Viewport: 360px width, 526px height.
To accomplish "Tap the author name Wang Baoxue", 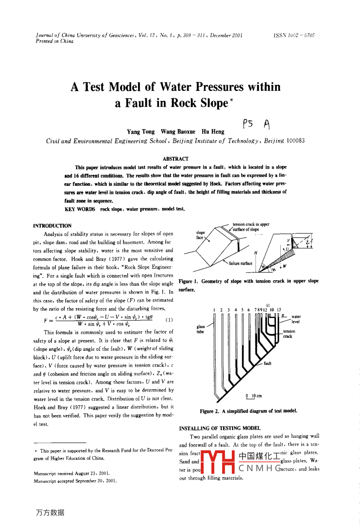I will pyautogui.click(x=178, y=131).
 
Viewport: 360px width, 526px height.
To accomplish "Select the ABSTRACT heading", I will pyautogui.click(x=176, y=159).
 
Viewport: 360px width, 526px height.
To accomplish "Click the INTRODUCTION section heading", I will pyautogui.click(x=53, y=226).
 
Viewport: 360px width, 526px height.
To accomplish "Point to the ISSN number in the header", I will pyautogui.click(x=294, y=35).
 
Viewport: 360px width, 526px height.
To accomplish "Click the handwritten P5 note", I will pyautogui.click(x=248, y=124).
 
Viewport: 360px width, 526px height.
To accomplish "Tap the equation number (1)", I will pyautogui.click(x=169, y=320).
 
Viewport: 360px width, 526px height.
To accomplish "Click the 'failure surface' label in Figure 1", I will pyautogui.click(x=241, y=263).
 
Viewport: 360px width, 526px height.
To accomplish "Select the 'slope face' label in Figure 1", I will pyautogui.click(x=200, y=235).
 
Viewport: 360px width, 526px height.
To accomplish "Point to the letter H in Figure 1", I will pyautogui.click(x=255, y=253).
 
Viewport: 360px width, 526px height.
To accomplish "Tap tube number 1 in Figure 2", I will pyautogui.click(x=214, y=310).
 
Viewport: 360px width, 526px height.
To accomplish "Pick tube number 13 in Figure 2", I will pyautogui.click(x=279, y=310).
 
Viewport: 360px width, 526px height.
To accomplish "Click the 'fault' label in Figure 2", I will pyautogui.click(x=268, y=363).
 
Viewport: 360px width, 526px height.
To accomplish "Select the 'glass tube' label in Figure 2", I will pyautogui.click(x=200, y=329).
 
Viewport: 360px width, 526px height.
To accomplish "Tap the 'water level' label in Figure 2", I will pyautogui.click(x=296, y=319).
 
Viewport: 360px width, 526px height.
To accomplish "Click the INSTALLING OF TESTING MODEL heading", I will pyautogui.click(x=220, y=428).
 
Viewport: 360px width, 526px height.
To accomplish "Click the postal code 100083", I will pyautogui.click(x=295, y=141).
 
